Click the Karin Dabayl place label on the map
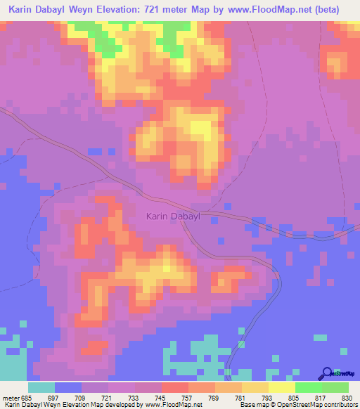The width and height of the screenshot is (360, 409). pos(173,217)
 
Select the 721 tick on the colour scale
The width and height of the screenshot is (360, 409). pos(106,397)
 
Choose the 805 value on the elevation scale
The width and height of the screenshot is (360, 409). pos(294,397)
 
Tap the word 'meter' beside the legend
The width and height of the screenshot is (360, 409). pos(10,397)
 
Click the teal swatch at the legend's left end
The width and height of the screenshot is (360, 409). pos(41,387)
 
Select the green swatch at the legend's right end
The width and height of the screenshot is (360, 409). pos(335,387)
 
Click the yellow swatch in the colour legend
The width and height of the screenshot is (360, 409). pos(281,387)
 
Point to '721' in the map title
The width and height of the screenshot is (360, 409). pos(160,10)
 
